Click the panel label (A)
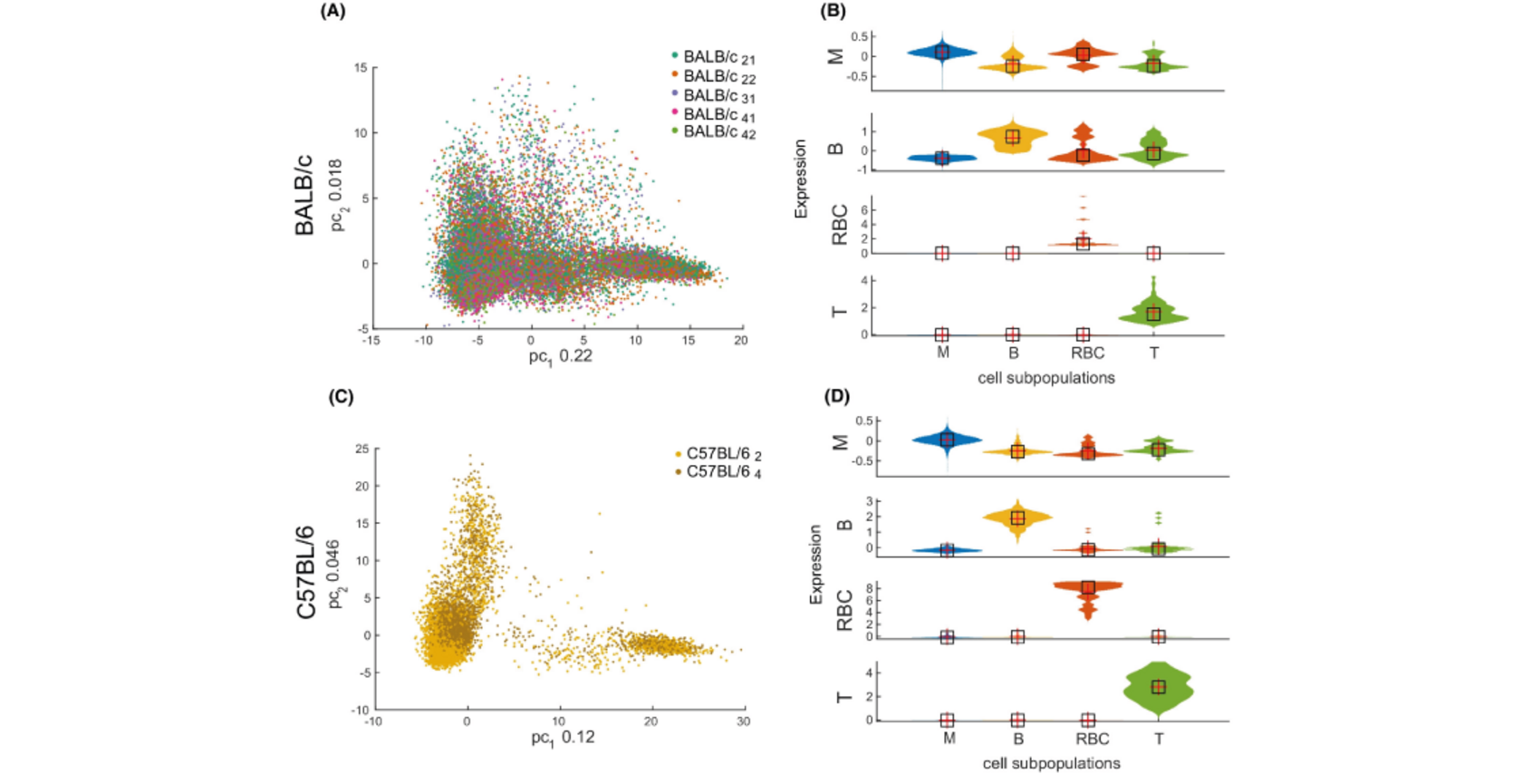click(x=332, y=12)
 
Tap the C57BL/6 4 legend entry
click(x=723, y=472)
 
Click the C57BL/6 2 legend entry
click(x=723, y=454)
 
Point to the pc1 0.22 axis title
click(x=560, y=356)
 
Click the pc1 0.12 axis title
click(x=563, y=738)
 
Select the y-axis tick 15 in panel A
click(x=361, y=68)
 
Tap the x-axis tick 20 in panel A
click(x=741, y=341)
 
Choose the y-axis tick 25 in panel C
click(x=361, y=449)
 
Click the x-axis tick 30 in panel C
click(x=744, y=721)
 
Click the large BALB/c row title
click(x=305, y=195)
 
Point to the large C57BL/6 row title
click(x=307, y=572)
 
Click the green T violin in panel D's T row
click(x=1159, y=687)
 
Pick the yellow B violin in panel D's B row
click(x=1017, y=518)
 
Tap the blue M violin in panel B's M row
click(x=942, y=53)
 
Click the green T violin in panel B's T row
click(x=1153, y=314)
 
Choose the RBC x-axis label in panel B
click(x=1087, y=353)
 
